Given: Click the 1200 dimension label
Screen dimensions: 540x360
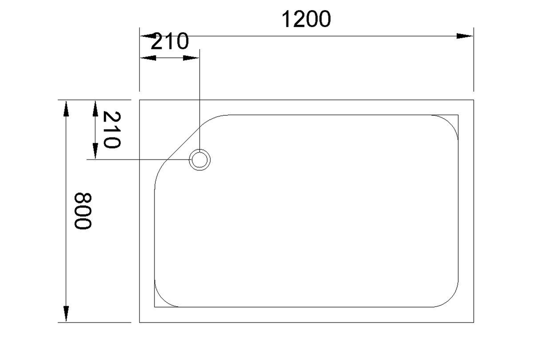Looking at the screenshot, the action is click(306, 19).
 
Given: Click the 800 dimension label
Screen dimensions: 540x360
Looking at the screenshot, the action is click(83, 211).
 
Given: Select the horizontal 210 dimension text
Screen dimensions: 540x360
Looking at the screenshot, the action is click(170, 41).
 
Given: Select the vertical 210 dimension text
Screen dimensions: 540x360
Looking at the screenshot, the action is click(112, 130).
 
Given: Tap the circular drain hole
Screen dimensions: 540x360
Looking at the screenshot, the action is click(200, 160).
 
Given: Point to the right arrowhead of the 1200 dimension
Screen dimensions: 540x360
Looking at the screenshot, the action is click(464, 36).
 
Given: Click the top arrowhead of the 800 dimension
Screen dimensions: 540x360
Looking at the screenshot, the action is click(66, 108).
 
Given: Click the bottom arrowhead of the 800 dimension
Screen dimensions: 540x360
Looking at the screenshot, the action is click(66, 314).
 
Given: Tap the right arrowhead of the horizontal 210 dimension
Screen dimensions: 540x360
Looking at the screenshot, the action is click(191, 58).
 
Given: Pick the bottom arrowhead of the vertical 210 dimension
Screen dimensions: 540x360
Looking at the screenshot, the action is click(95, 151).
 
